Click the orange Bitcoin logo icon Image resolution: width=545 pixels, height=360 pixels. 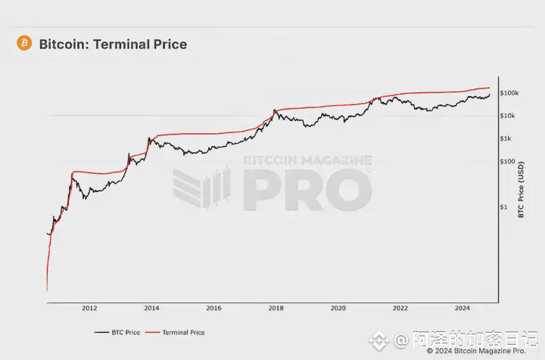[x=23, y=43]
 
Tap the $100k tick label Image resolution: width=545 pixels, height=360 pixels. [x=509, y=93]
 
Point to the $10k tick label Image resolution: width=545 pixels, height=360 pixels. [x=509, y=116]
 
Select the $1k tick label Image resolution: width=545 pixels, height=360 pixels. [x=507, y=138]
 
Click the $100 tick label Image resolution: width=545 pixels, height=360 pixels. [x=508, y=161]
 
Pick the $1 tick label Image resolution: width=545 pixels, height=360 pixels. [x=504, y=206]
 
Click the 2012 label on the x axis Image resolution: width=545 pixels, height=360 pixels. [x=89, y=308]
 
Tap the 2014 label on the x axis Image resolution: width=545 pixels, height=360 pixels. [x=151, y=308]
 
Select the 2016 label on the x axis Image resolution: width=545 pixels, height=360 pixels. [x=214, y=308]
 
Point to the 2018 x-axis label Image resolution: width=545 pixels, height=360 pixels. [x=276, y=308]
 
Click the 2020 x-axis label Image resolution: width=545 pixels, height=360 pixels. [x=338, y=308]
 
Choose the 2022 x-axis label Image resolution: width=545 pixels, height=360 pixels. [x=400, y=308]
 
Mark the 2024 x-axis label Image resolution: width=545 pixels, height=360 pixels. [x=462, y=308]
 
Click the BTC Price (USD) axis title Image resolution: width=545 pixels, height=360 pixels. [x=522, y=192]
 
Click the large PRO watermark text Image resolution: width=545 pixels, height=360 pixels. [x=307, y=190]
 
